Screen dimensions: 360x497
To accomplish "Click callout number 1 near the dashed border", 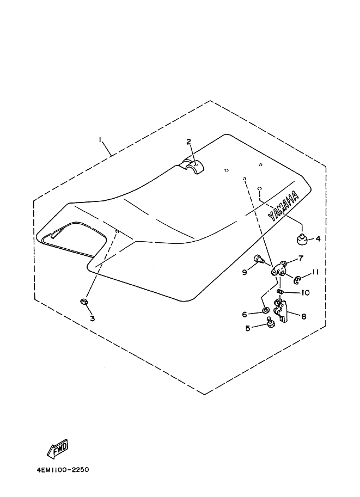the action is click(101, 140).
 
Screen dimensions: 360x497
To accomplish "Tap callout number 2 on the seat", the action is click(188, 142).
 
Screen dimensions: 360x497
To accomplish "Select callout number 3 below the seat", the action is click(92, 318).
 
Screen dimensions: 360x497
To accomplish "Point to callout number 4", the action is click(319, 238).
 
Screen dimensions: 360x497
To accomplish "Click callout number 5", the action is click(248, 328).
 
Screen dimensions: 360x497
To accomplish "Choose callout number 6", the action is click(245, 314).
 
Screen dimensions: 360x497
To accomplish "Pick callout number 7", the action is click(300, 258).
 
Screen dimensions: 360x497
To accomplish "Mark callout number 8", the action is click(303, 315).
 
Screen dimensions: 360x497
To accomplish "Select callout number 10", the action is click(305, 292).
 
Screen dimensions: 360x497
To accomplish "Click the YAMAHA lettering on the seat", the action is click(283, 206).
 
